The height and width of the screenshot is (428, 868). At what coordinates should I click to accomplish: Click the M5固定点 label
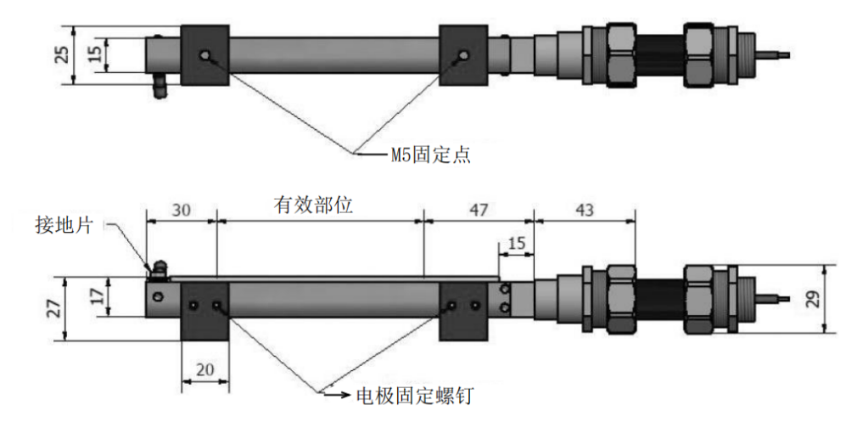431,155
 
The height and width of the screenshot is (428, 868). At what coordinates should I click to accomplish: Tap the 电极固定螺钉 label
415,396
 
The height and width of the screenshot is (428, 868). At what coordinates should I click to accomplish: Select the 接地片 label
70,225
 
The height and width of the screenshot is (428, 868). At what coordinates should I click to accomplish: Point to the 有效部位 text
313,206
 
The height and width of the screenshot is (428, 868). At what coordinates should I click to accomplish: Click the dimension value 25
64,55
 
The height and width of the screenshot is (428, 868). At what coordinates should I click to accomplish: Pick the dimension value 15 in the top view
95,53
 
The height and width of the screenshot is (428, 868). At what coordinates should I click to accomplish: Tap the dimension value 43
584,210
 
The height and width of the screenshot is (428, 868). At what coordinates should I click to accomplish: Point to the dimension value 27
54,308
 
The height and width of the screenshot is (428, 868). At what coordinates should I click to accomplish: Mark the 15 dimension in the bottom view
516,244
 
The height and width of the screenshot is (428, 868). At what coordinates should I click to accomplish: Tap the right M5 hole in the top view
463,55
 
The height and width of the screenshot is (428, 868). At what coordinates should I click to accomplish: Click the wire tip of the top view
788,55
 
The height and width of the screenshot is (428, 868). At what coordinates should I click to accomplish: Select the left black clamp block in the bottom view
204,312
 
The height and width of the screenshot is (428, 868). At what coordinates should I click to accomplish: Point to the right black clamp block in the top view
463,55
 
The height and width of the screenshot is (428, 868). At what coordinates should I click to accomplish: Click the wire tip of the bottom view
788,298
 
